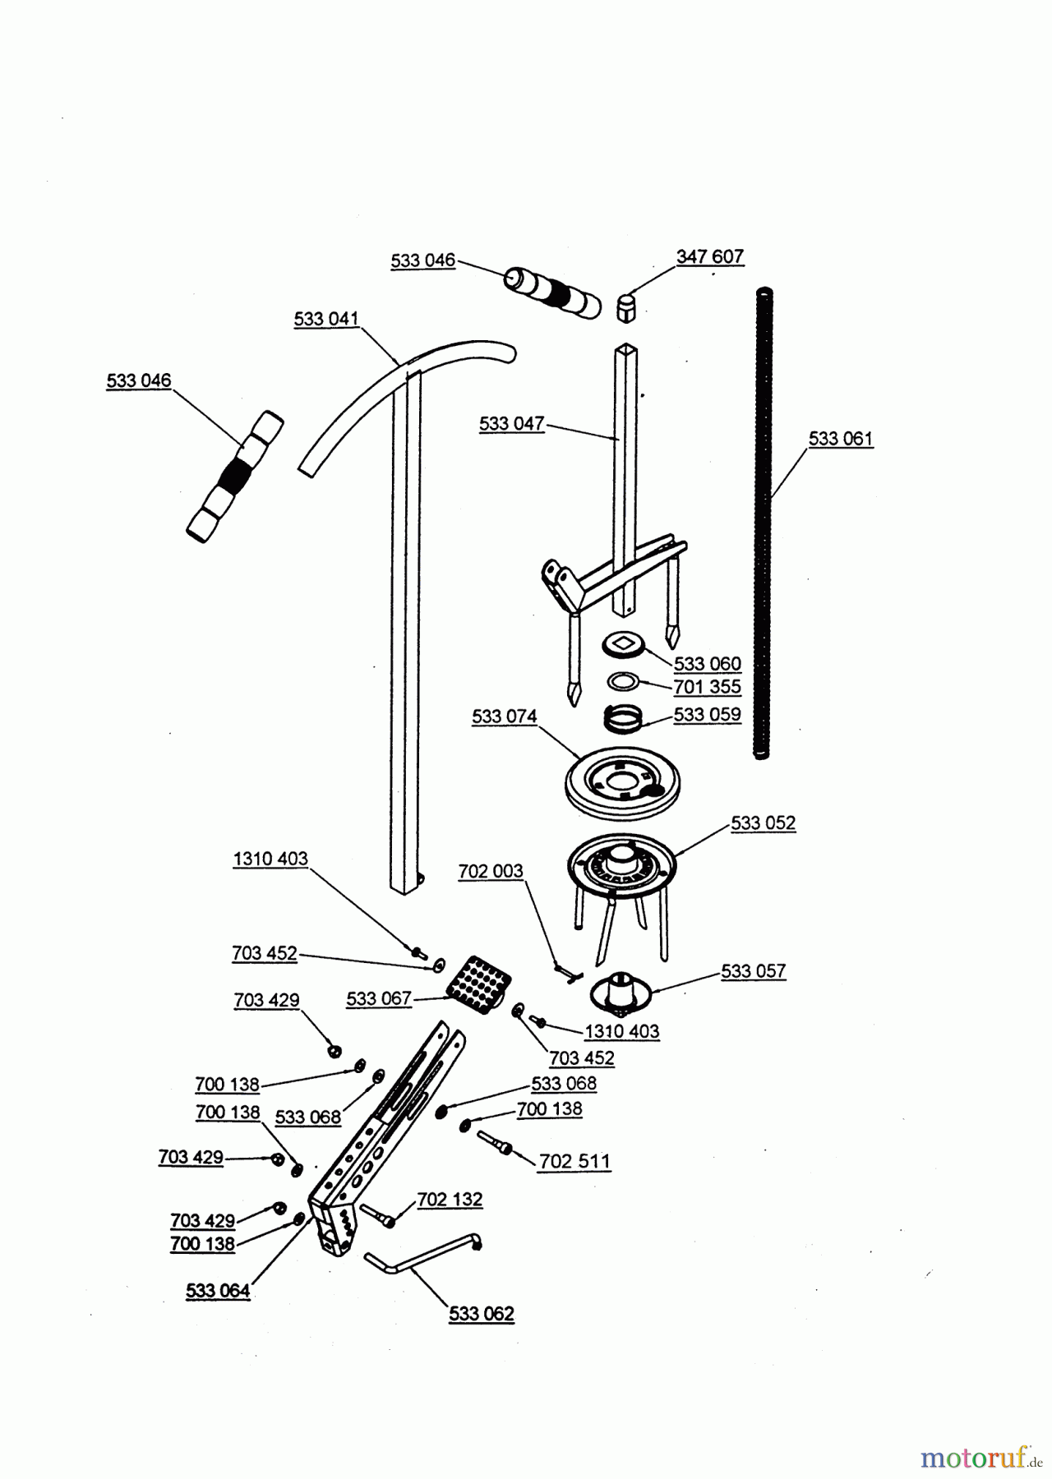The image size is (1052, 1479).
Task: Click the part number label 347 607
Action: tap(710, 256)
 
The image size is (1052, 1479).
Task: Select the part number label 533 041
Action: tap(326, 319)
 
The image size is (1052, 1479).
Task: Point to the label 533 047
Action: tap(511, 424)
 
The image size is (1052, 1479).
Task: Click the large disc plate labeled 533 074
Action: tap(624, 781)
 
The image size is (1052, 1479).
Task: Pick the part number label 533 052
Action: tap(763, 822)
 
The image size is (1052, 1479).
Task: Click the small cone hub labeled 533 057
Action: tap(621, 990)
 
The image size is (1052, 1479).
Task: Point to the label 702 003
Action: tap(490, 871)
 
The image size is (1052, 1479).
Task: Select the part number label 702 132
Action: tap(450, 1200)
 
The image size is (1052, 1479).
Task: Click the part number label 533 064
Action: tap(217, 1291)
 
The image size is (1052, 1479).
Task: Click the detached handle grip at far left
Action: tap(234, 477)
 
